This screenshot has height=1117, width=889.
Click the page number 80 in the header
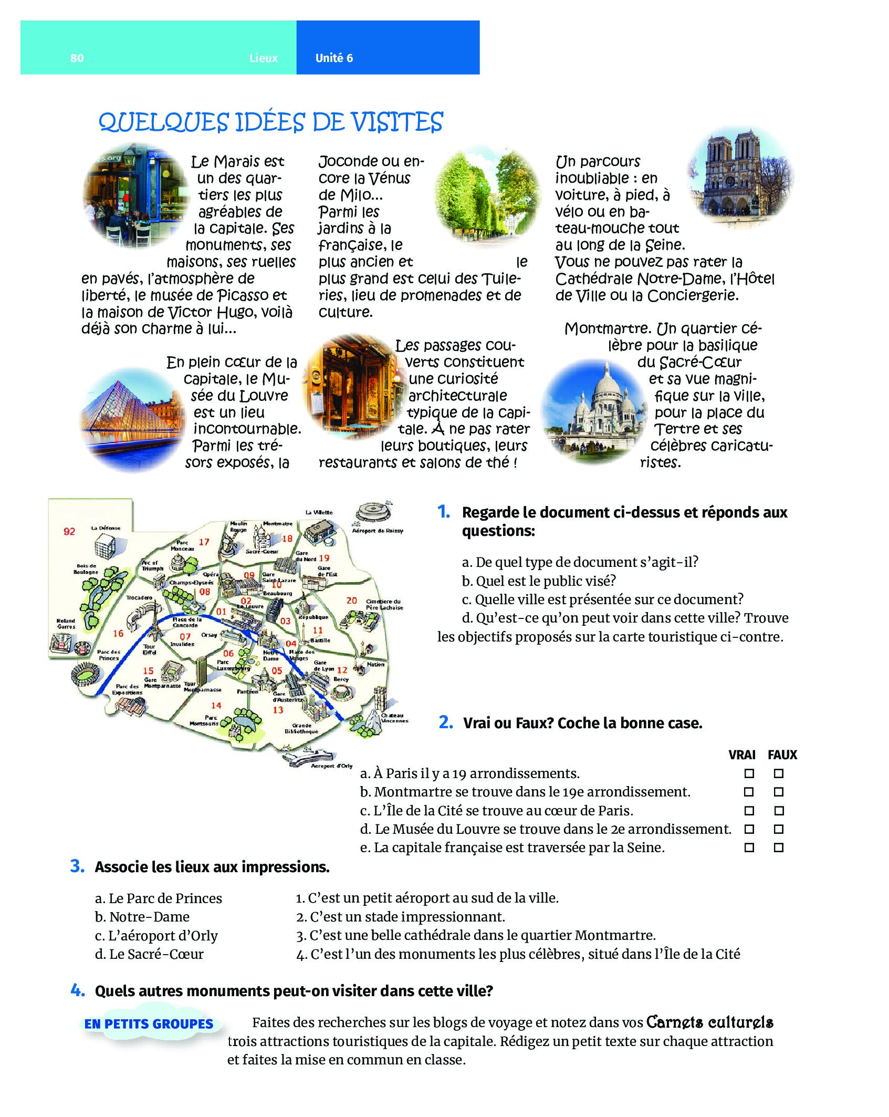tap(77, 58)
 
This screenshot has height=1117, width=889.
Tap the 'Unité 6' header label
tap(334, 58)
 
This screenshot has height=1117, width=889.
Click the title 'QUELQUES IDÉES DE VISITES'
tap(271, 122)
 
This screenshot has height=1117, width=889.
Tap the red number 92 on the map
tap(69, 531)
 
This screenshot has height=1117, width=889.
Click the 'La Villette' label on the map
tap(319, 512)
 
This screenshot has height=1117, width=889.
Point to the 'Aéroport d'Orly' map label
tap(331, 766)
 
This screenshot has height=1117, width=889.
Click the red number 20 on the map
tap(351, 600)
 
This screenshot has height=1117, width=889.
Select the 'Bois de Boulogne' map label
tap(86, 568)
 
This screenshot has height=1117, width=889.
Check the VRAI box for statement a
tap(749, 773)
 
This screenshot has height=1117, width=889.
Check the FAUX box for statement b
tap(779, 792)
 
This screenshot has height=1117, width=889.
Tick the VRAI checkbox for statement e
tap(749, 847)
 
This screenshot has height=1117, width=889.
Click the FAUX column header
tap(782, 755)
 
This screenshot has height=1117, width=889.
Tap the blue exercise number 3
tap(77, 866)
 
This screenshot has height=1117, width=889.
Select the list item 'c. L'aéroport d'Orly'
tap(156, 936)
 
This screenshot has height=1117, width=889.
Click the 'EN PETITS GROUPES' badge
tap(149, 1023)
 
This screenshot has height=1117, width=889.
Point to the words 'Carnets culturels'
tap(709, 1022)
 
